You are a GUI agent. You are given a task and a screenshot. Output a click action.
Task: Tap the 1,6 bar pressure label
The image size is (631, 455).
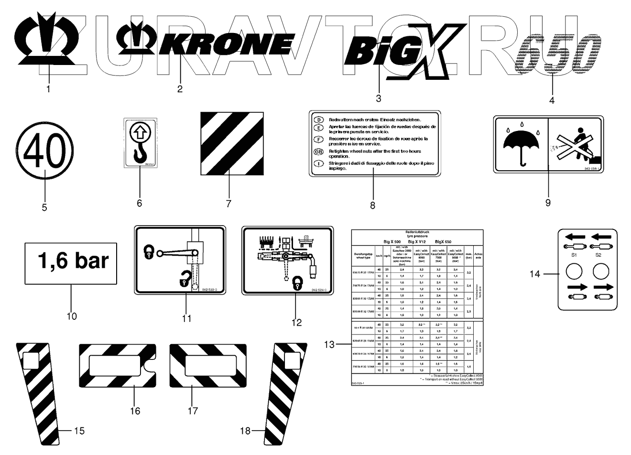[72, 262]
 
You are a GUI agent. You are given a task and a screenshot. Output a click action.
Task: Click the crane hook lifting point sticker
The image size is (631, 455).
[140, 143]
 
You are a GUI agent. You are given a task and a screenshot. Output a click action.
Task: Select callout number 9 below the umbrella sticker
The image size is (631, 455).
[548, 203]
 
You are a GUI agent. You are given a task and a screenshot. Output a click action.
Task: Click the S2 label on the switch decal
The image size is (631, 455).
[598, 255]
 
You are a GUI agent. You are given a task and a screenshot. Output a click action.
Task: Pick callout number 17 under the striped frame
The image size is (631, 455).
[192, 411]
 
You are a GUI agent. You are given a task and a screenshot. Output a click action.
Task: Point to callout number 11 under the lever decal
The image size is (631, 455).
[187, 318]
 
